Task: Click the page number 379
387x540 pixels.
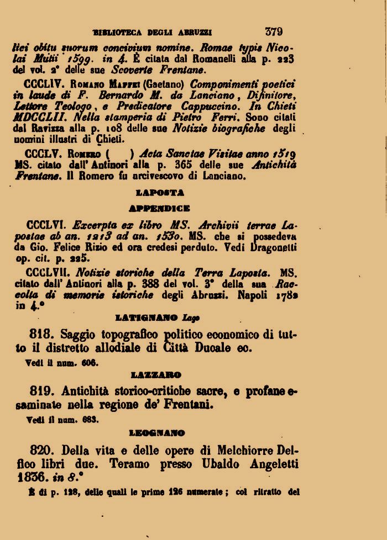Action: [x=274, y=31]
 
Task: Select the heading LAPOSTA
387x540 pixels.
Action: [x=160, y=193]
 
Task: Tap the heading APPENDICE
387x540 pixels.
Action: [x=159, y=209]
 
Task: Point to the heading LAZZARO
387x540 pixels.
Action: [x=159, y=375]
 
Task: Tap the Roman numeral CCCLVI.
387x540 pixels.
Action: [x=46, y=225]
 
